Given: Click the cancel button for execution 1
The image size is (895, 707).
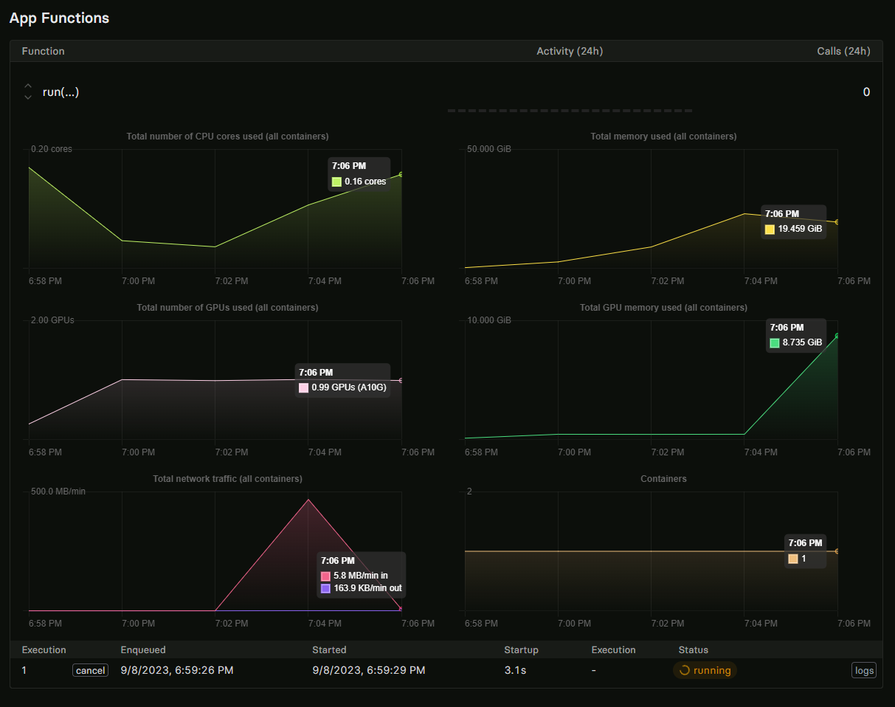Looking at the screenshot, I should [x=90, y=670].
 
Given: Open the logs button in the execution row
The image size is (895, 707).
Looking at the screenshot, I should [x=864, y=670].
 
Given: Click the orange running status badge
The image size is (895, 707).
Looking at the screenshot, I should [x=705, y=670].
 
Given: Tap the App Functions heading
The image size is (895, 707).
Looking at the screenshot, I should [x=59, y=18].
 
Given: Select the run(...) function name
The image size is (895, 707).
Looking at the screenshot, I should [x=61, y=92].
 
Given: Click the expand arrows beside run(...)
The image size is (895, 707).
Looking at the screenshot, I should [x=28, y=92].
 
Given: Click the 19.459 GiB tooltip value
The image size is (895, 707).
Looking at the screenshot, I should [x=799, y=229].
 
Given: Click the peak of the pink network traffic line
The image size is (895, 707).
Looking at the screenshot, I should [x=308, y=500].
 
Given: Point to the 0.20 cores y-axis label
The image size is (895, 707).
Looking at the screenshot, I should [x=51, y=149].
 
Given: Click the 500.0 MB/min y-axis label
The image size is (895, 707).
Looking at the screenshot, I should [x=58, y=492].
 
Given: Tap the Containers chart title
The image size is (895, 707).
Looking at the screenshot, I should [x=663, y=479].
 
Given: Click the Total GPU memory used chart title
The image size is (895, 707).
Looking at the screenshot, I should [x=663, y=308].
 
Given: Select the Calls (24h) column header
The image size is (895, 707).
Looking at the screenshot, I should [x=843, y=51].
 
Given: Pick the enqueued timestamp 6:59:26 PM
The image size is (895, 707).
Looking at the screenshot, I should [x=177, y=670].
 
